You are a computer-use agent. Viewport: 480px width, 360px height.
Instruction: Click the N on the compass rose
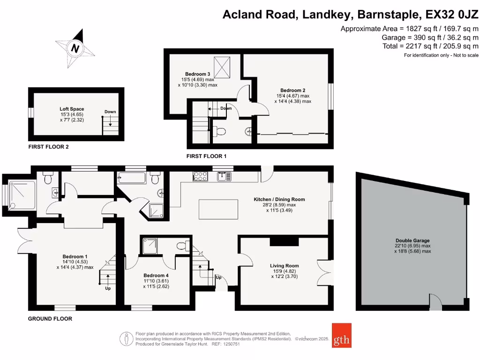(75, 47)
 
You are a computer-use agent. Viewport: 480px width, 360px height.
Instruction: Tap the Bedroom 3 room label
(197, 74)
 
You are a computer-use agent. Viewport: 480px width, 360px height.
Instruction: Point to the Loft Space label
(72, 109)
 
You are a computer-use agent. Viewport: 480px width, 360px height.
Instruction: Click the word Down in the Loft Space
(110, 112)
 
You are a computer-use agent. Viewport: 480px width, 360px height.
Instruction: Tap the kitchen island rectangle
(215, 209)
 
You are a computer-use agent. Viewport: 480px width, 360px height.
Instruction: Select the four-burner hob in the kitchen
(200, 176)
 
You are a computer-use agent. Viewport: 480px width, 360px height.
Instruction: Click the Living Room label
(284, 266)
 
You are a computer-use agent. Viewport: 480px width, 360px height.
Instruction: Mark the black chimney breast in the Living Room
(284, 241)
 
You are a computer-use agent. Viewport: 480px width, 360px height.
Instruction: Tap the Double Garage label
(412, 240)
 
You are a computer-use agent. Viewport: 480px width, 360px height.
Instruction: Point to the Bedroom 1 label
(75, 256)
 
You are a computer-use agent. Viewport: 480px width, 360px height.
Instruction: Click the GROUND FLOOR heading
(51, 319)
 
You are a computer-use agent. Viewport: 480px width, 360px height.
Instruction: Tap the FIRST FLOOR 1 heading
(206, 156)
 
